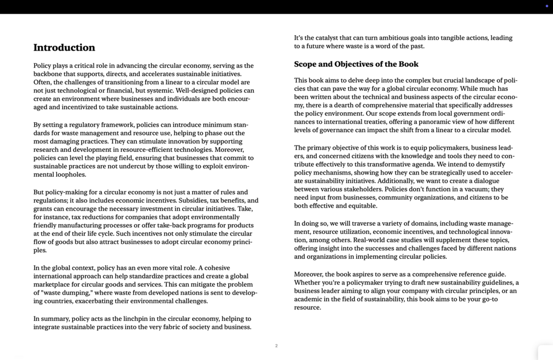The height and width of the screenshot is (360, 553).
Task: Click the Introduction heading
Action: [64, 48]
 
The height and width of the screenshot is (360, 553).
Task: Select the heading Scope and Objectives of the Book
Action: [356, 64]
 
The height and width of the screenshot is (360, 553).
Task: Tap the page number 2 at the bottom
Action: [276, 346]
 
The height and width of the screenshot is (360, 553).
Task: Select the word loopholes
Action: [70, 174]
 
